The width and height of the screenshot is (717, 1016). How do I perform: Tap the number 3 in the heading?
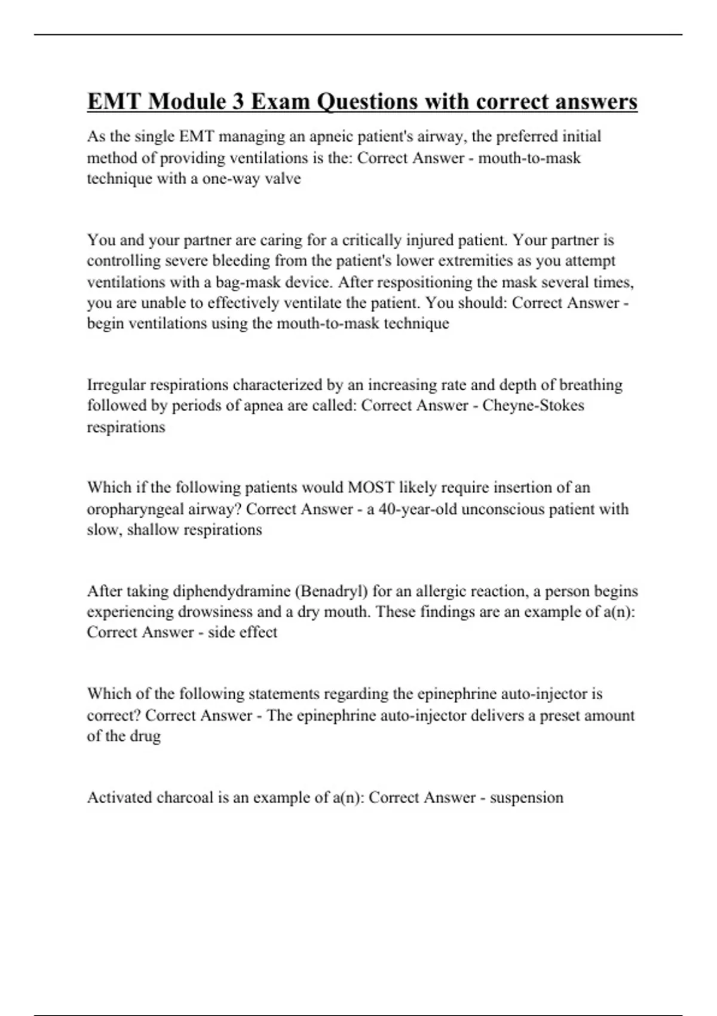(x=238, y=102)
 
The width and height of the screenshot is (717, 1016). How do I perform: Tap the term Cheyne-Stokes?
(x=533, y=406)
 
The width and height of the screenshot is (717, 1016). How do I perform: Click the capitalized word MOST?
(x=371, y=488)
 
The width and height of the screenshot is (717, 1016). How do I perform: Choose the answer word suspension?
(x=526, y=798)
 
